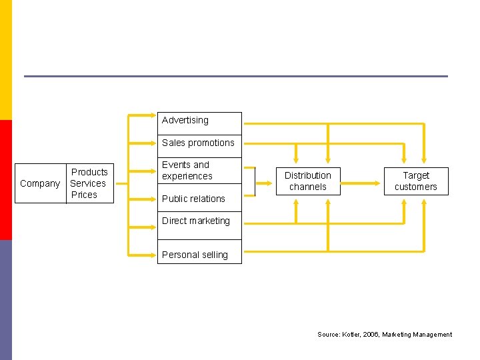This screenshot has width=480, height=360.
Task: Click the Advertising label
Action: tap(185, 121)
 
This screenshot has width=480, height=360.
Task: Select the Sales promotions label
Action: tap(198, 143)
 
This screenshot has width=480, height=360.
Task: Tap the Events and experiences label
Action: tap(187, 171)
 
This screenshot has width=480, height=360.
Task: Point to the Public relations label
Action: tap(193, 199)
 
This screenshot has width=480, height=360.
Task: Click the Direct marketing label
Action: tap(195, 221)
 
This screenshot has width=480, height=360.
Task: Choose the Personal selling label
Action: tap(195, 255)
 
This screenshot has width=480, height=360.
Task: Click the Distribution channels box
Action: tap(307, 181)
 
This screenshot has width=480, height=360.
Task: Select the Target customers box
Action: tap(416, 181)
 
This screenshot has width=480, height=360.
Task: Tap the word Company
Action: tap(40, 183)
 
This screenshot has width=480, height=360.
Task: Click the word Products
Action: tap(89, 172)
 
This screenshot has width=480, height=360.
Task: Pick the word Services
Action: tap(88, 183)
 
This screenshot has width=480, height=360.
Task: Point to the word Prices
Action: tap(84, 195)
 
